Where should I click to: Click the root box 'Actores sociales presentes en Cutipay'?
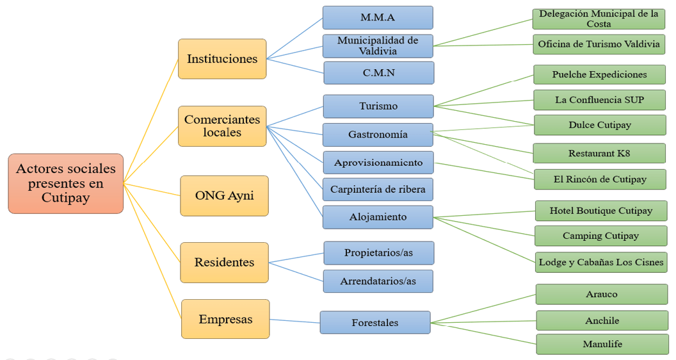tap(65, 183)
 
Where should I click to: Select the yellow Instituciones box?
tap(221, 59)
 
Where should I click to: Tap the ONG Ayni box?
tap(224, 195)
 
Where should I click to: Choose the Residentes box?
tap(224, 262)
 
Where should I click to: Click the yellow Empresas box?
tap(225, 319)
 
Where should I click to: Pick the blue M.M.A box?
tap(378, 17)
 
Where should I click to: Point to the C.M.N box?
tap(378, 73)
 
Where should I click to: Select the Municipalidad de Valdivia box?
tap(378, 45)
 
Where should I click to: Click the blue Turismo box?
tap(378, 106)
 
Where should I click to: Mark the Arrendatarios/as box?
tap(378, 281)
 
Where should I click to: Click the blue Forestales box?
tap(374, 323)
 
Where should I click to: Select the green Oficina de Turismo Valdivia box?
tap(599, 44)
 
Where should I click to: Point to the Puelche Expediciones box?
tap(599, 74)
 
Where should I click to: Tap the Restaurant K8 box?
tap(599, 154)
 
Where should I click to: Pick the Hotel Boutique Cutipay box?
tap(600, 211)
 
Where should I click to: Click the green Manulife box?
tap(602, 344)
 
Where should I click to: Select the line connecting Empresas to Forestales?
tap(294, 321)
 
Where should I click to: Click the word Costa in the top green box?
tap(599, 24)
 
